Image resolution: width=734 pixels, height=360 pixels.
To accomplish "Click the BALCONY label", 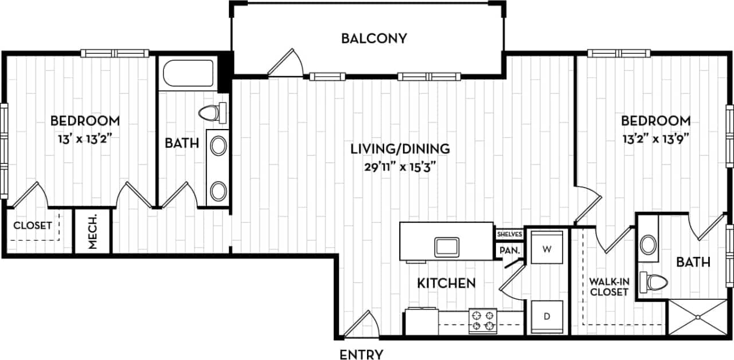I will point(374,38).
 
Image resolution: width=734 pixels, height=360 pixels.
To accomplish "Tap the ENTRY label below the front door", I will point(361,354).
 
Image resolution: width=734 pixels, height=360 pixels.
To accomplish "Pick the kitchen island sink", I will point(446,247).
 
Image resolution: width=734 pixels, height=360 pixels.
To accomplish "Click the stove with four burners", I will point(482,321).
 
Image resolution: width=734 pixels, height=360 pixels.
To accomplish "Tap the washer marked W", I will point(546,249).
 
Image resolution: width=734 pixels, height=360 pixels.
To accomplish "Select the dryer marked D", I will point(546,316).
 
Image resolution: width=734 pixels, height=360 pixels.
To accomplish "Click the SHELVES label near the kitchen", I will point(509,234).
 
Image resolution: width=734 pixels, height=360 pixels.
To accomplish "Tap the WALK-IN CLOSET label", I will point(609,287).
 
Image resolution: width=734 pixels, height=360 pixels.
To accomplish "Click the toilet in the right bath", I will point(654,281).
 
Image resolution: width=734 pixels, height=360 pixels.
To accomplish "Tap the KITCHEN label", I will point(446,283).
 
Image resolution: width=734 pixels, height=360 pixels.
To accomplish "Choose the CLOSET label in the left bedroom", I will point(33,225).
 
